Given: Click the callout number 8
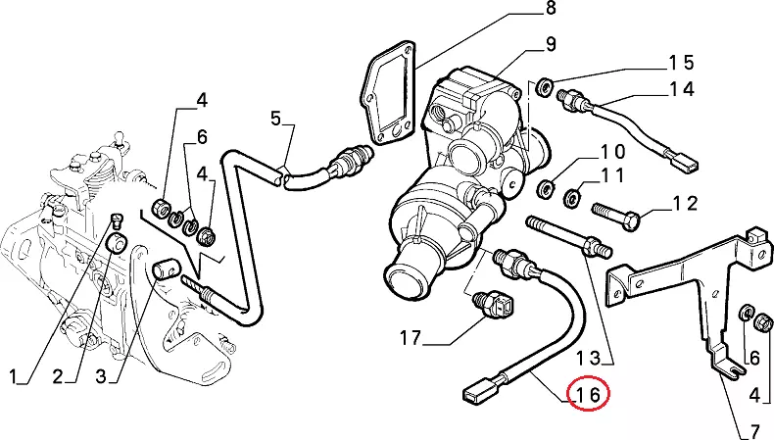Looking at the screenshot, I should point(550,10).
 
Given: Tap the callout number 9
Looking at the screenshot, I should point(550,43).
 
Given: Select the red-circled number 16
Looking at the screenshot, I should point(592,395).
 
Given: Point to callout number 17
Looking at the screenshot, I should point(410,339).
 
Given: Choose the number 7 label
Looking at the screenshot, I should point(754,430).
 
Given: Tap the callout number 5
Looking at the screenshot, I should point(275,120).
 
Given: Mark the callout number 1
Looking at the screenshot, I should point(15,375).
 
